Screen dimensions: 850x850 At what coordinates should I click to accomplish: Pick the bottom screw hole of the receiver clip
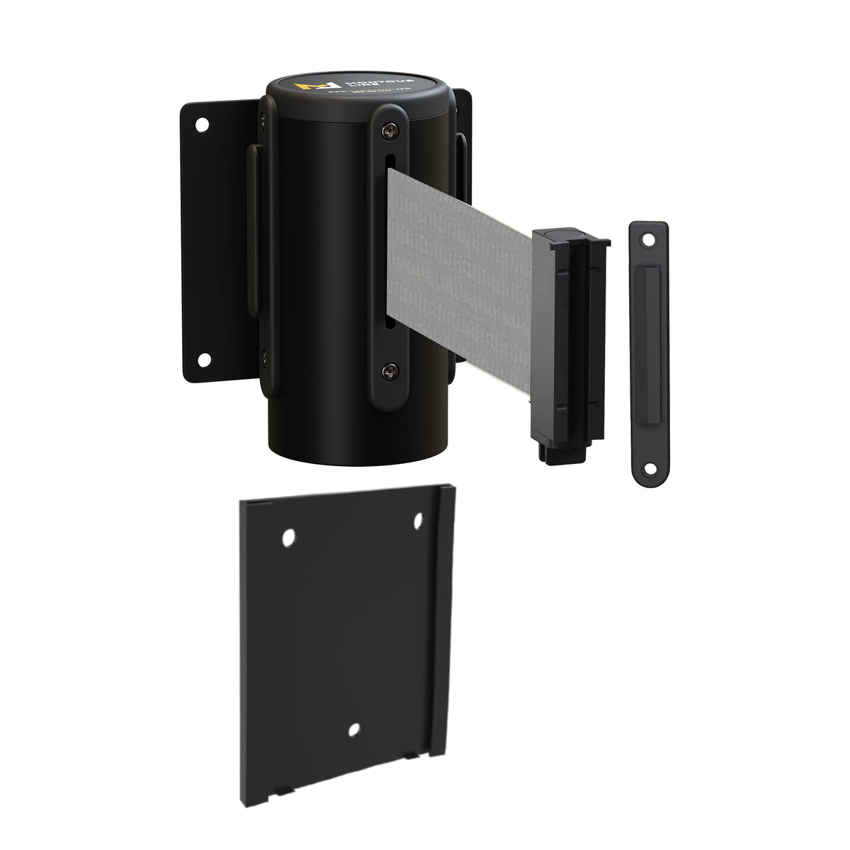[647, 467]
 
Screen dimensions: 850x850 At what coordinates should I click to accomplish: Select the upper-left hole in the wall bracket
[203, 124]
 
